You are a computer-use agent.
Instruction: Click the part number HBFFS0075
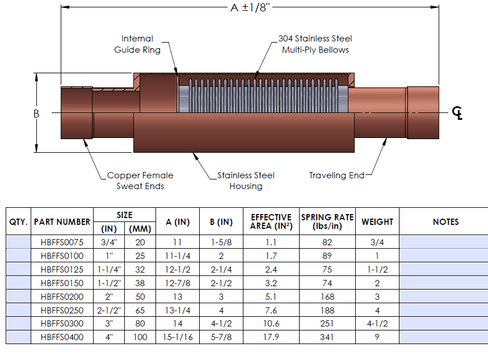click(62, 242)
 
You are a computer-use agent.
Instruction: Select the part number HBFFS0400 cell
click(62, 337)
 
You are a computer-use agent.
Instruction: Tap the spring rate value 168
click(327, 296)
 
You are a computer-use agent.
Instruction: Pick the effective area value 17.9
click(271, 337)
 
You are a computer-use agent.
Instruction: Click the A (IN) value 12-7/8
click(177, 283)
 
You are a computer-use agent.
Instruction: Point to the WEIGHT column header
click(377, 221)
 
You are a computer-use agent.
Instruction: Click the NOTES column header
click(445, 221)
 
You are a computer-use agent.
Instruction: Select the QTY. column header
click(18, 221)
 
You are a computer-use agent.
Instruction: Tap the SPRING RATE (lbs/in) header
click(327, 221)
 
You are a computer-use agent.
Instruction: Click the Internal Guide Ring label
click(137, 44)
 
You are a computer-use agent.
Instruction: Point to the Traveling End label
click(336, 175)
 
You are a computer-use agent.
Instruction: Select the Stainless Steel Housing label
click(246, 181)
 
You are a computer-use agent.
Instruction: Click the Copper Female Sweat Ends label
click(140, 181)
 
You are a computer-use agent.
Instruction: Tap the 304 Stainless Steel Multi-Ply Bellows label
click(315, 44)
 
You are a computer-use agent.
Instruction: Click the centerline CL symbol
click(457, 113)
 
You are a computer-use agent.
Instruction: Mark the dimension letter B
click(36, 114)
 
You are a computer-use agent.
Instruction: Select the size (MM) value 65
click(136, 310)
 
